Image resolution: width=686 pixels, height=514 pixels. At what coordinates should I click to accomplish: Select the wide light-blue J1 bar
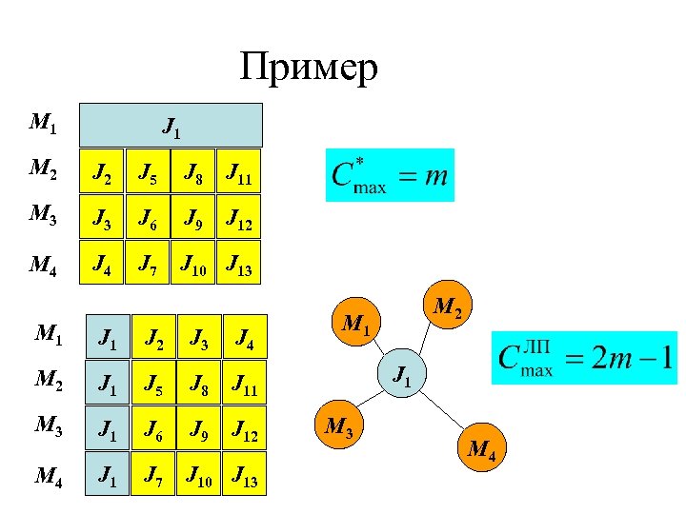[x=171, y=124]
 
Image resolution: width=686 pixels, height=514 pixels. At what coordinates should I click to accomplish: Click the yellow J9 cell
[x=193, y=223]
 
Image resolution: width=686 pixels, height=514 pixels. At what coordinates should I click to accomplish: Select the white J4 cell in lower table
[x=244, y=336]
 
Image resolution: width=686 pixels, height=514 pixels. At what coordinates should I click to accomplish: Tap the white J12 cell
[x=244, y=437]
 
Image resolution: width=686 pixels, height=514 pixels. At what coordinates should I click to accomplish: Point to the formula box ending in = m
[x=390, y=175]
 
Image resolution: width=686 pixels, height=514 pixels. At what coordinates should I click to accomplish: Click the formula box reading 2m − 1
[x=583, y=358]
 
